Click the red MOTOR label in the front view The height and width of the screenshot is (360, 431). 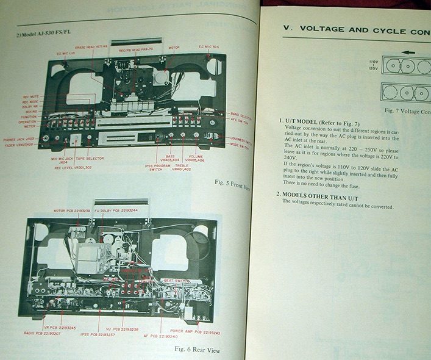[x=174, y=46]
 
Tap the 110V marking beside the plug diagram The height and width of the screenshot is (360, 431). [x=374, y=61]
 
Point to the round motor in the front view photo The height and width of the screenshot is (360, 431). [x=161, y=77]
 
